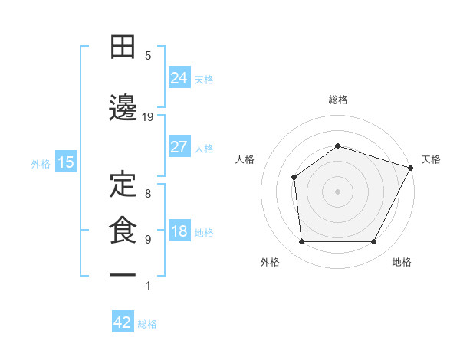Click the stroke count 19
(x=148, y=117)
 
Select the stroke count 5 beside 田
(x=148, y=56)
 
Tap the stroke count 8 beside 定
(x=148, y=193)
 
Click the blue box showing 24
(x=179, y=78)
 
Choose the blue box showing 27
(x=179, y=147)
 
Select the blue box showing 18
(x=179, y=232)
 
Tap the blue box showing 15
(x=66, y=162)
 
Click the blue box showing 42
(x=123, y=322)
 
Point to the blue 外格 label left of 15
(x=41, y=163)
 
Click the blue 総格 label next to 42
(x=147, y=324)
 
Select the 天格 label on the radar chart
(x=432, y=159)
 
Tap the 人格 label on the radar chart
(x=245, y=159)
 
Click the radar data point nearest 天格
(x=411, y=168)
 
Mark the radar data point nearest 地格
(x=373, y=242)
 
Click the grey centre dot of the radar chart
(x=337, y=191)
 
